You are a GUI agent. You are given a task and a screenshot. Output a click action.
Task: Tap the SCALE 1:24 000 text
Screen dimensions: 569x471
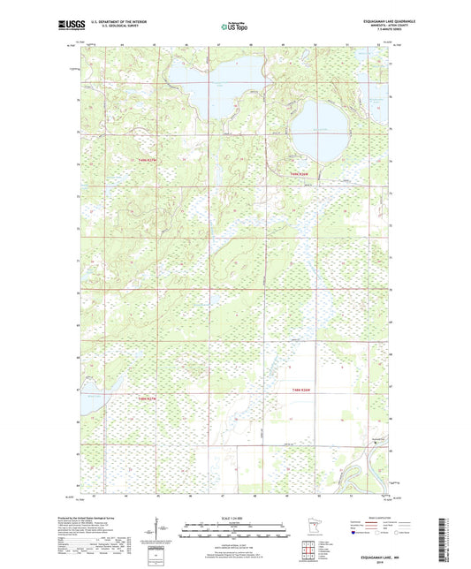234,518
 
